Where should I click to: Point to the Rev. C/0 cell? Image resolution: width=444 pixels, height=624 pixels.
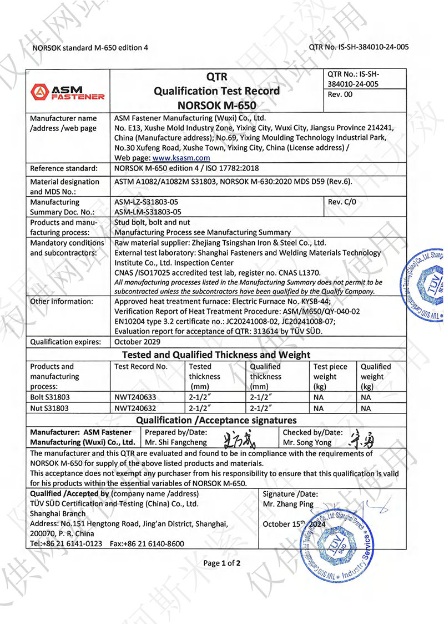tap(340, 202)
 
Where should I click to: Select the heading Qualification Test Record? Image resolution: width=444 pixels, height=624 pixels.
tap(216, 91)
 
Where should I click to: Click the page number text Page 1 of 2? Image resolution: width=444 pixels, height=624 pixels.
tap(222, 563)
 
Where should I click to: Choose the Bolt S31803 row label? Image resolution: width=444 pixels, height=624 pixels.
tap(52, 398)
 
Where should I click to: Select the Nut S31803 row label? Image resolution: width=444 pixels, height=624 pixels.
tap(51, 408)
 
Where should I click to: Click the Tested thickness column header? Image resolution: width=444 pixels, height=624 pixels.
tap(204, 376)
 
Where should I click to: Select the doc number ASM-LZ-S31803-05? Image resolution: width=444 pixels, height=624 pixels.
tap(146, 202)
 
